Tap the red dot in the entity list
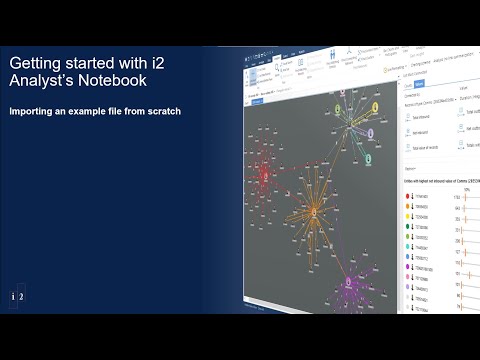point(408,196)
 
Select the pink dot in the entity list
point(408,275)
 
